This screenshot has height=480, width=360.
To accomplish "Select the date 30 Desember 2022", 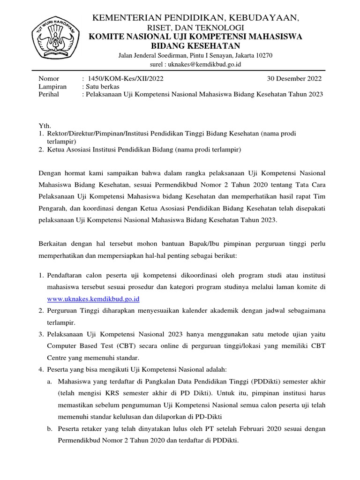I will [294, 78].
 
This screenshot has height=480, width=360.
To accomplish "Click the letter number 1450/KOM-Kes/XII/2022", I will [123, 78].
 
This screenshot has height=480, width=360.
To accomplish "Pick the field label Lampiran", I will [52, 86].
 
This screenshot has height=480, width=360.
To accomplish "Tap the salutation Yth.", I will [44, 126].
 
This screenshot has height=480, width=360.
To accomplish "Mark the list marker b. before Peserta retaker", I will [49, 429].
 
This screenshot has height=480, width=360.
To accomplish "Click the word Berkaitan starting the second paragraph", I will [53, 244].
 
